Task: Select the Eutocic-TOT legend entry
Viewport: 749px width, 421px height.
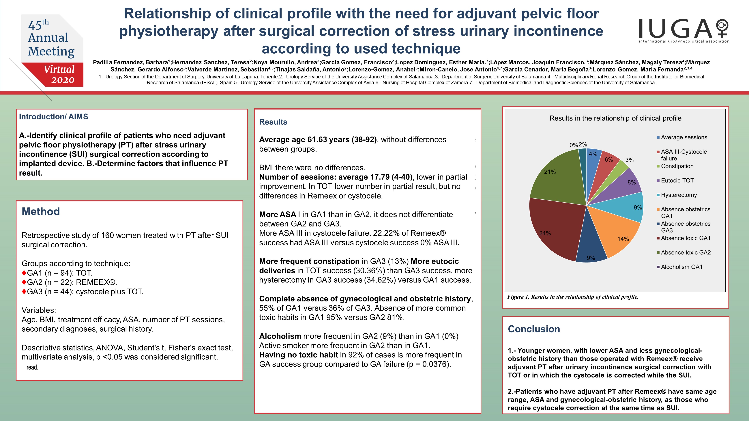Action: (675, 180)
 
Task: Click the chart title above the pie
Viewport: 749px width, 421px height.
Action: (615, 118)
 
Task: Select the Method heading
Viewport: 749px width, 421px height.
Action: (41, 212)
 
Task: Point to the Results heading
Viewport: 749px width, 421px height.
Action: (273, 122)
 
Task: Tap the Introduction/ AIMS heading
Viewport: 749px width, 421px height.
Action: (53, 117)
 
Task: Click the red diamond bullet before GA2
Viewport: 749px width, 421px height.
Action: (24, 282)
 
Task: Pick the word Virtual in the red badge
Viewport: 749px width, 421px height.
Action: (59, 69)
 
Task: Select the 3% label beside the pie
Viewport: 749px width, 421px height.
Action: (630, 160)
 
